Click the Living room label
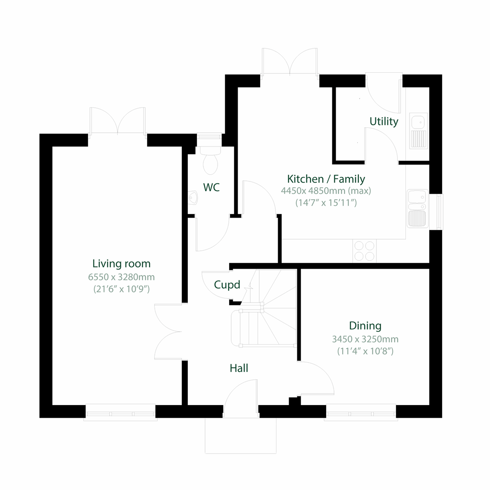point(121,264)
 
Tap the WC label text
point(211,187)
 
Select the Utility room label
point(383,121)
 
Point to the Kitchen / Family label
point(326,179)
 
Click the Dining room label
point(365,326)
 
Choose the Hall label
point(239,368)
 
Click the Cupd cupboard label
point(227,285)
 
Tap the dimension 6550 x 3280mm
point(121,277)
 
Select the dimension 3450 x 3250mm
point(365,339)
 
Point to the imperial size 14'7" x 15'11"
point(326,203)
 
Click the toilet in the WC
point(210,161)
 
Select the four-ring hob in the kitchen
point(364,251)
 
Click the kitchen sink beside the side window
point(417,208)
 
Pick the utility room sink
point(418,131)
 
